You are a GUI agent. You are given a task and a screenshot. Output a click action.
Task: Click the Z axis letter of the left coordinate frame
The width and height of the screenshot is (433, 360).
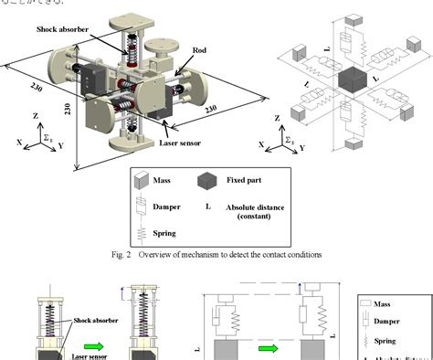[x=34, y=115]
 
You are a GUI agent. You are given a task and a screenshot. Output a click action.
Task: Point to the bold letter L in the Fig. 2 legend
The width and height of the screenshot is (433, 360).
[x=207, y=207]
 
